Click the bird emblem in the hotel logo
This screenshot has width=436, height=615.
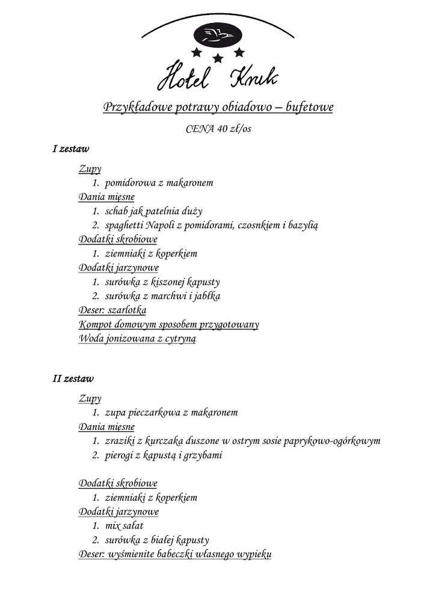click(x=218, y=35)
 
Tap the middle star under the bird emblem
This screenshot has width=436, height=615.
click(x=218, y=58)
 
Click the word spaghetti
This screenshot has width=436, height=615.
click(x=124, y=225)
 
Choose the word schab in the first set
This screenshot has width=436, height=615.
click(x=117, y=211)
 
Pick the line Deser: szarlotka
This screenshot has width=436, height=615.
click(x=112, y=311)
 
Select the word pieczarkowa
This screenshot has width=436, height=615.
click(x=153, y=413)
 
